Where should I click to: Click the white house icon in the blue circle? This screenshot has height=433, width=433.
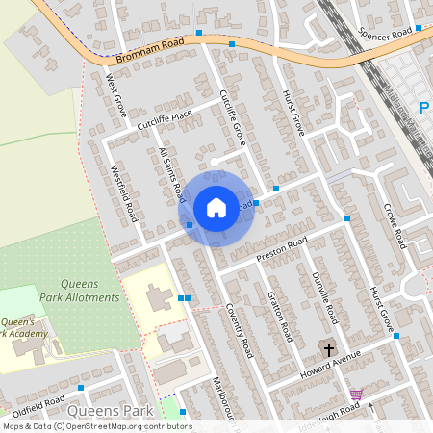click(216, 207)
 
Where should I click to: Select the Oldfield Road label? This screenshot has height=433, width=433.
click(38, 400)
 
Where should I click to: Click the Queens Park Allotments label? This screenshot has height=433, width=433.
click(90, 291)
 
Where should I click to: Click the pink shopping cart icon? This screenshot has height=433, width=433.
click(356, 395)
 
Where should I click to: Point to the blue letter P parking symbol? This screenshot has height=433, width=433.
click(423, 108)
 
